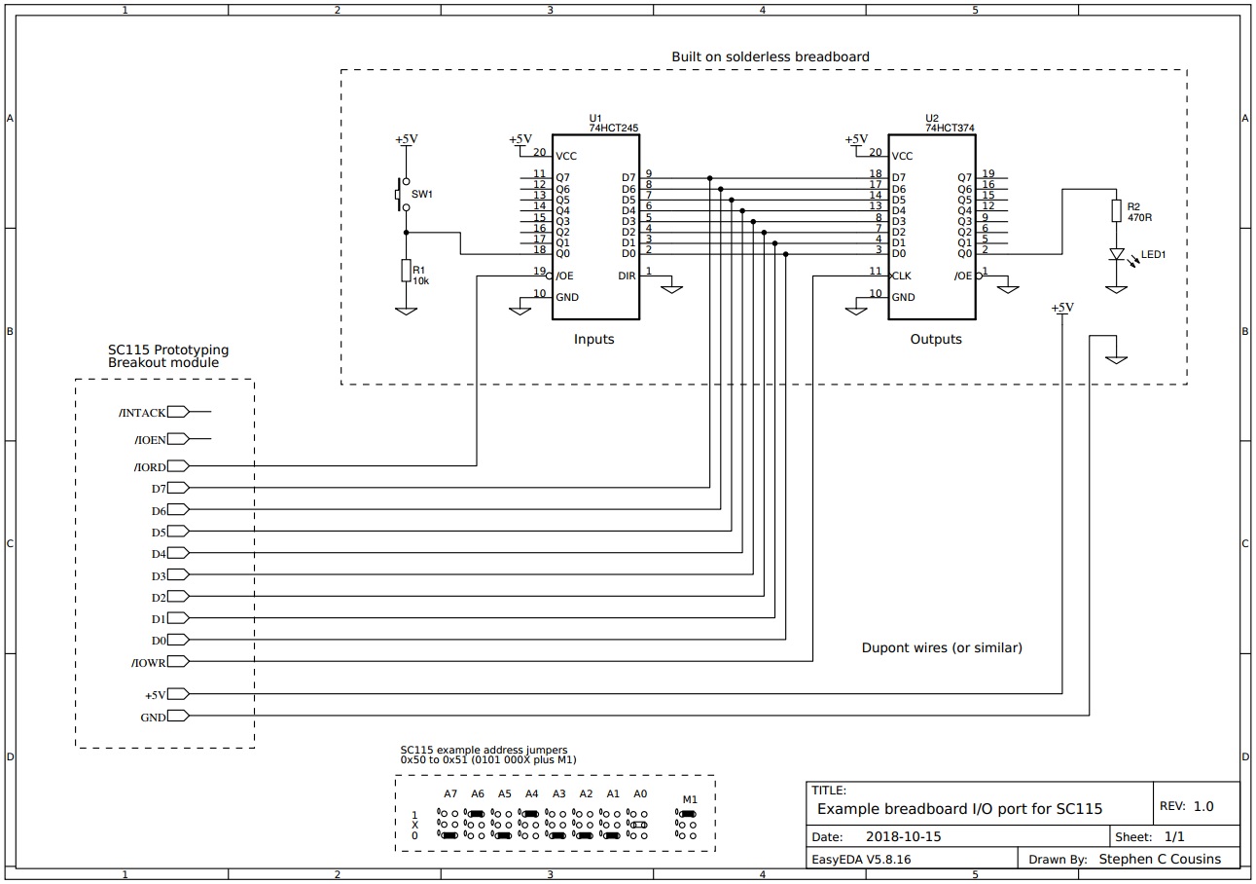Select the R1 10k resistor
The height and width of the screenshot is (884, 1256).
[406, 271]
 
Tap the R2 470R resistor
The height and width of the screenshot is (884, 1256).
[1115, 212]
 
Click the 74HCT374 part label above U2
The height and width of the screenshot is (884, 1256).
[950, 128]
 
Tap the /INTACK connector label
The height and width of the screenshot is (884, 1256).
[142, 413]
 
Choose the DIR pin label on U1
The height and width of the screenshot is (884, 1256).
[627, 276]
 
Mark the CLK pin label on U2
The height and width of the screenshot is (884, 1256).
[902, 276]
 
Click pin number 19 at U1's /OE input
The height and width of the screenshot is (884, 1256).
[539, 271]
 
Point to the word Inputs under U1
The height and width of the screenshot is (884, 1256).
[593, 340]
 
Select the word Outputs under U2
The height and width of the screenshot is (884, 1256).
[935, 340]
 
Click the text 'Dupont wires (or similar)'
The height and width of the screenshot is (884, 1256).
[941, 647]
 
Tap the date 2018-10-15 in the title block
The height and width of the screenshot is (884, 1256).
[903, 836]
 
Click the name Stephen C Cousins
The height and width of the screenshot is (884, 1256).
[1167, 860]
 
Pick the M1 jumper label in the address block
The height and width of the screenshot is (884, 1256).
[689, 799]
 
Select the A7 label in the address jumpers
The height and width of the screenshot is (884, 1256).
[449, 793]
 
